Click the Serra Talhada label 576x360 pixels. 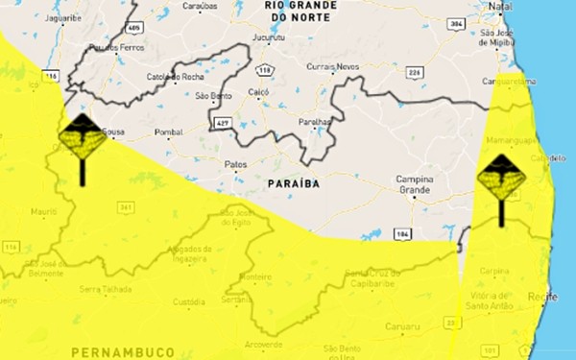tap(105, 288)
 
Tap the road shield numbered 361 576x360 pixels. tap(125, 206)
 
